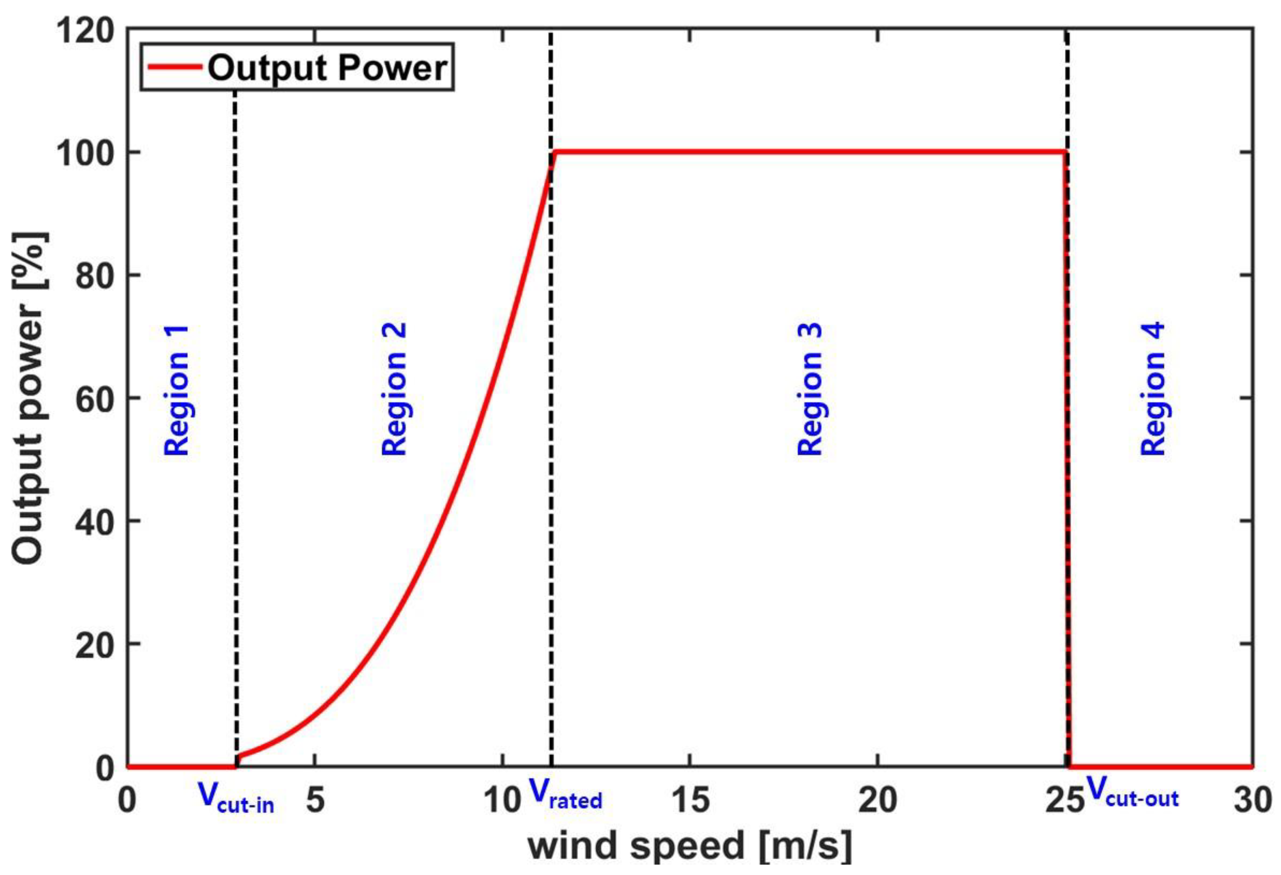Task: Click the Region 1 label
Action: point(177,390)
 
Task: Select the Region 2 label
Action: point(394,389)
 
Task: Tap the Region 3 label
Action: point(810,389)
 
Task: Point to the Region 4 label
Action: point(1153,389)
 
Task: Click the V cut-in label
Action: point(236,799)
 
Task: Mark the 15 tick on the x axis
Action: point(691,799)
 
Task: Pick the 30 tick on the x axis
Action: point(1253,799)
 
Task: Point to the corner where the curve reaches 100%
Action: point(556,152)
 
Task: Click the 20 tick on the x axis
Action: point(878,799)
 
